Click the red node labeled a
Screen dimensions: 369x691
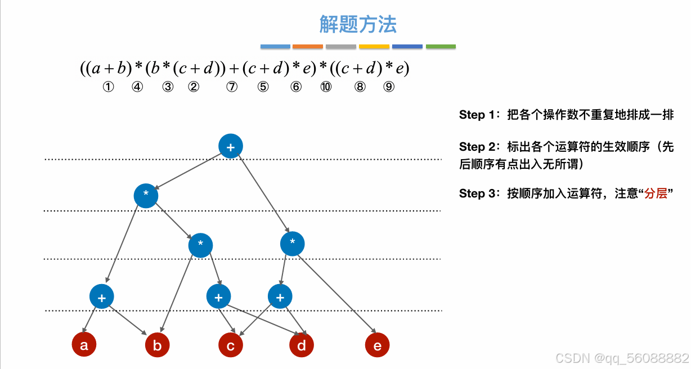tap(84, 345)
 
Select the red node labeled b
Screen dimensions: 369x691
tap(157, 345)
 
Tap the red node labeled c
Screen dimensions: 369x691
tap(231, 345)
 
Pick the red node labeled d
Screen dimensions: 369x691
tap(302, 345)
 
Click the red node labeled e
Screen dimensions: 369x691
tap(377, 345)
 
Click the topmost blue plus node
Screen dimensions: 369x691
tap(230, 146)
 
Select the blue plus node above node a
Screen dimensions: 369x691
tap(102, 297)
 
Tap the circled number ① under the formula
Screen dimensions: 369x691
tap(108, 87)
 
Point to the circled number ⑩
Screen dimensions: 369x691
tap(325, 87)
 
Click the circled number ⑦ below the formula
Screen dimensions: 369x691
tap(231, 87)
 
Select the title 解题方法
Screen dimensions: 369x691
tap(358, 24)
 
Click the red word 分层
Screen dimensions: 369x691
tap(656, 193)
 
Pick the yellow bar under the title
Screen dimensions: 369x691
tap(374, 46)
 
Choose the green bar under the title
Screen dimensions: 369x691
tap(441, 46)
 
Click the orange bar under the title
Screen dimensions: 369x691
tap(308, 46)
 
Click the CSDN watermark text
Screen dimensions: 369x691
tap(622, 358)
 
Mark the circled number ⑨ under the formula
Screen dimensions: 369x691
tap(389, 87)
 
